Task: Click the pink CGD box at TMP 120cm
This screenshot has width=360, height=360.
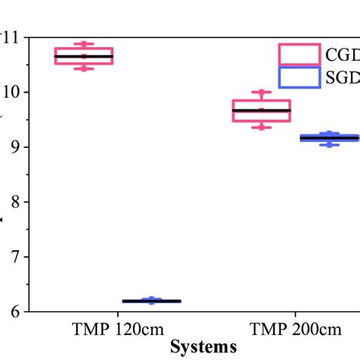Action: tap(84, 56)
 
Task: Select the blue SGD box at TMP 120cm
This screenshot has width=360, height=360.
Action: tap(152, 302)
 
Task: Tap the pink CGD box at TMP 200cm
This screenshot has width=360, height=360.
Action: tap(261, 110)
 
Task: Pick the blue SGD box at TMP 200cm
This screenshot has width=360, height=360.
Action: tap(329, 137)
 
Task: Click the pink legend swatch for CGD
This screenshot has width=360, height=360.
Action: tap(298, 55)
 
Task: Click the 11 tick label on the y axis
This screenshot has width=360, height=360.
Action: tap(13, 37)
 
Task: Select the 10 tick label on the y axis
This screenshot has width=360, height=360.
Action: tap(13, 92)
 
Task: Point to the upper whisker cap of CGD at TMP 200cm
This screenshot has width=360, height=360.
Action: tap(261, 93)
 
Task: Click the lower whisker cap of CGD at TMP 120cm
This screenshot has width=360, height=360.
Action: tap(84, 69)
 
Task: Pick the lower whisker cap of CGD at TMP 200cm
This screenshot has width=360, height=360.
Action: tap(261, 127)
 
